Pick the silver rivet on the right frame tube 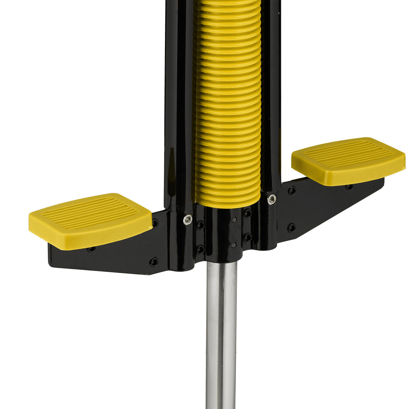click(x=271, y=199)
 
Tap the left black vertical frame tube click(x=176, y=102)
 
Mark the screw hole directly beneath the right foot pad click(x=349, y=187)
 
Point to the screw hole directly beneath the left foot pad click(x=91, y=249)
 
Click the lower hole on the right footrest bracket click(x=291, y=227)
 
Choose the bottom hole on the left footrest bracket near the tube click(x=154, y=262)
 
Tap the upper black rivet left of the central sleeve click(x=201, y=225)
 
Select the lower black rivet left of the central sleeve click(x=200, y=249)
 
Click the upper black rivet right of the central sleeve click(x=248, y=214)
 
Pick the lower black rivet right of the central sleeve click(x=248, y=237)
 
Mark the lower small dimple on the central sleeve click(x=234, y=245)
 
